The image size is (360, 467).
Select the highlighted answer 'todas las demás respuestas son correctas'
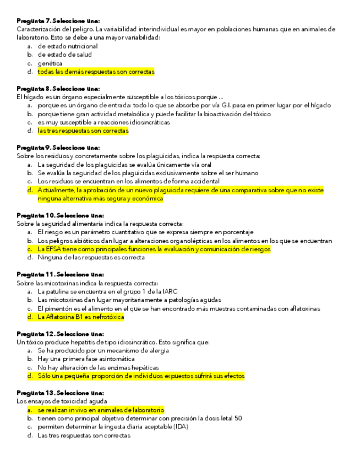[96, 72]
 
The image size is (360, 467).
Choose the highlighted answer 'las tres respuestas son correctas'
[83, 131]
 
